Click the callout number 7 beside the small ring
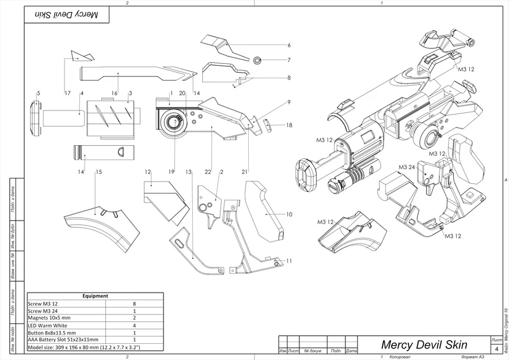click(289, 60)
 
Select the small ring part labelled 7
click(257, 59)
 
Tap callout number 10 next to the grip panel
click(289, 214)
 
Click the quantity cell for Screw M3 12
click(134, 303)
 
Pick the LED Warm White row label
click(47, 325)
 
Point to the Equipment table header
click(95, 296)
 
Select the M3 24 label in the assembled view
click(407, 167)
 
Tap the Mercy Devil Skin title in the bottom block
click(424, 345)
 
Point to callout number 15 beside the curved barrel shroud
click(98, 172)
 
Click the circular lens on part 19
click(173, 122)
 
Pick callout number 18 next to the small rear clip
click(289, 125)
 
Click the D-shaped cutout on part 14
click(122, 152)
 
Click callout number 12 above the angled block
click(148, 172)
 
